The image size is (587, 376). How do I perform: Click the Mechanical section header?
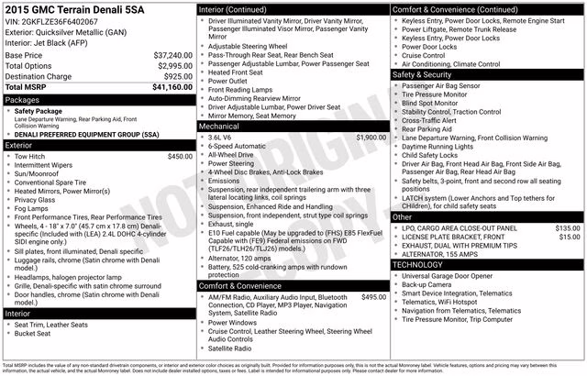pos(220,126)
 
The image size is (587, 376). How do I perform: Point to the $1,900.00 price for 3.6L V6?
pos(371,137)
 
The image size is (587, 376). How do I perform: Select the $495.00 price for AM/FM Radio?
pos(373,297)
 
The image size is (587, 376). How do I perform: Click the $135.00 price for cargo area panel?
pos(568,227)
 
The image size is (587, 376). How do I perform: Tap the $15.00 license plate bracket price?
pos(570,237)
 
